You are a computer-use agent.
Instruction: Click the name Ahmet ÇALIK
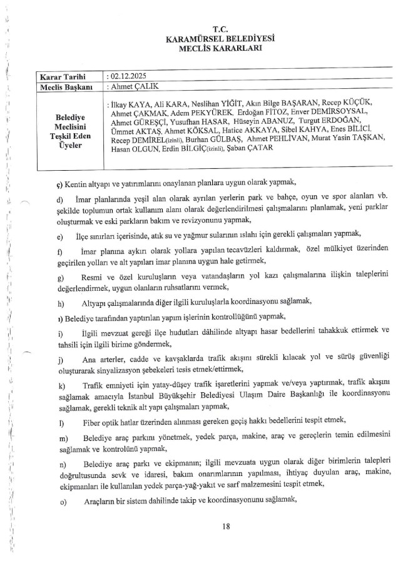click(132, 86)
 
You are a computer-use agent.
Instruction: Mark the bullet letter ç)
click(59, 185)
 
